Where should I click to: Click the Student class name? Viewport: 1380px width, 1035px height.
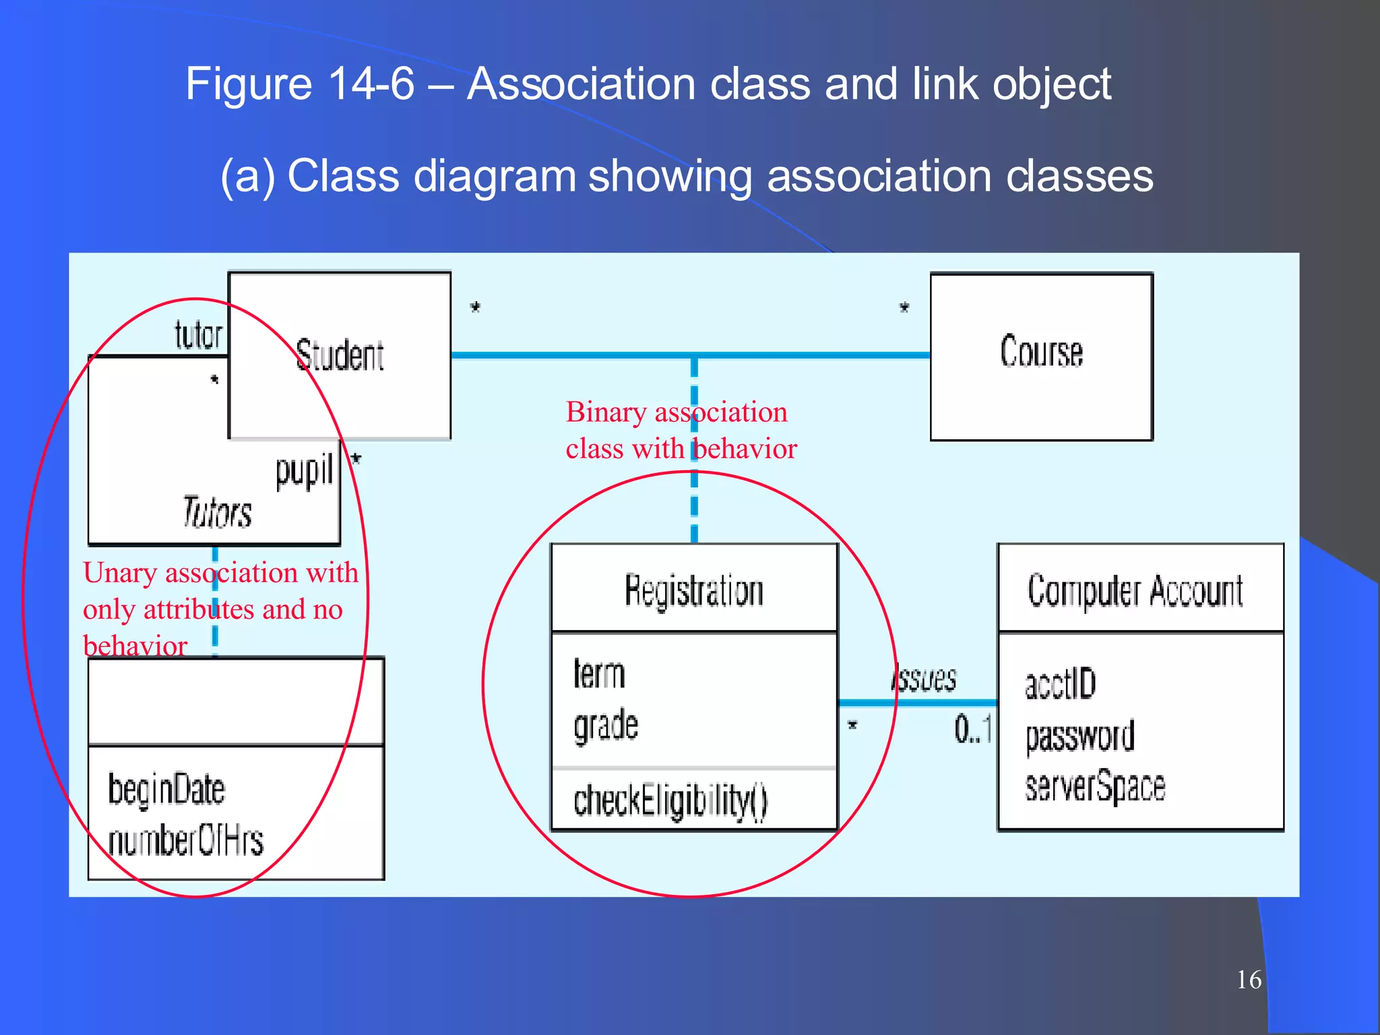tap(340, 355)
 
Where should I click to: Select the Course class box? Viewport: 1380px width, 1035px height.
tap(1041, 356)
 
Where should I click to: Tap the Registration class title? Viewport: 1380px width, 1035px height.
tap(693, 590)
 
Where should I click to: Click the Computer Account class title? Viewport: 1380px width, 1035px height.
tap(1135, 591)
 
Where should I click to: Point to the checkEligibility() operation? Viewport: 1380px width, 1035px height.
tap(670, 801)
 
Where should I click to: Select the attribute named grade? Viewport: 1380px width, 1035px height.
tap(605, 726)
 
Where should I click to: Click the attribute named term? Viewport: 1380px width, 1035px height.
tap(599, 674)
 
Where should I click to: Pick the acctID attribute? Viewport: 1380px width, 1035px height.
tap(1060, 684)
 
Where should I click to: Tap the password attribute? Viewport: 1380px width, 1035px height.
tap(1079, 736)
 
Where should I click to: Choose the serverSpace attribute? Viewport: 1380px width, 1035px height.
tap(1094, 786)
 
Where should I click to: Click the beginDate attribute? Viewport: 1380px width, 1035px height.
tap(166, 789)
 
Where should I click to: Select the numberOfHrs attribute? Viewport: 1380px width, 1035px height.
tap(185, 840)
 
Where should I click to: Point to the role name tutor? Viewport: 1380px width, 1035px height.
tap(198, 335)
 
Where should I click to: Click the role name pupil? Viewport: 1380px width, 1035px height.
tap(304, 470)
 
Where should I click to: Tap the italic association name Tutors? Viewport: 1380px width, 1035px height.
tap(217, 511)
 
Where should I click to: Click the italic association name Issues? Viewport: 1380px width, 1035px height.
tap(924, 679)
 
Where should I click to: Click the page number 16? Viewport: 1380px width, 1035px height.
tap(1249, 980)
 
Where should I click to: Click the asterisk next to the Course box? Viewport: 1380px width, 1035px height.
tap(904, 308)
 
